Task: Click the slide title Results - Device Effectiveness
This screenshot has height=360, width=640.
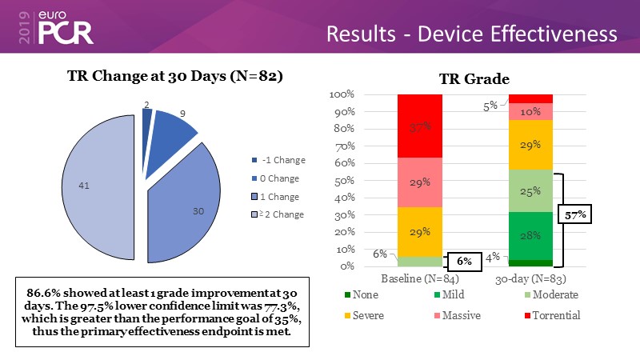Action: tap(472, 34)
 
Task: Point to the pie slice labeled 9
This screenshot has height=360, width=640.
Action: tap(174, 128)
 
